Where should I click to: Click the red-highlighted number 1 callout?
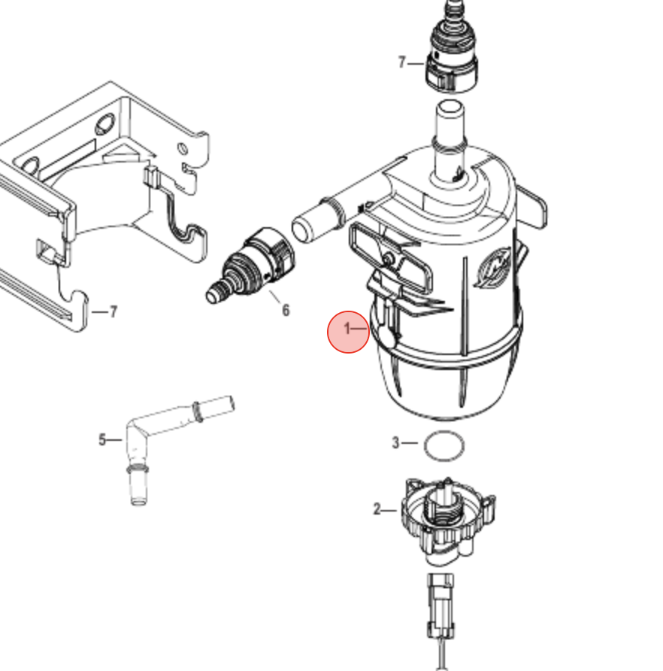tap(348, 329)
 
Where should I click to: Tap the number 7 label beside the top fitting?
tap(402, 62)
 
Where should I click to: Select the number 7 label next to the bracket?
tap(113, 311)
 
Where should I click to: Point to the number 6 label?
tap(285, 310)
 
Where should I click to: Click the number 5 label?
tap(103, 440)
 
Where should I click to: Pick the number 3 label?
tap(395, 443)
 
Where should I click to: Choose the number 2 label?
tap(377, 510)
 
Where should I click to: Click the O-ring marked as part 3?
tap(444, 446)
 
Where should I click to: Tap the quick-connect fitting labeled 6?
tap(259, 263)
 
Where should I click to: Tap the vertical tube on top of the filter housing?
tap(450, 139)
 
